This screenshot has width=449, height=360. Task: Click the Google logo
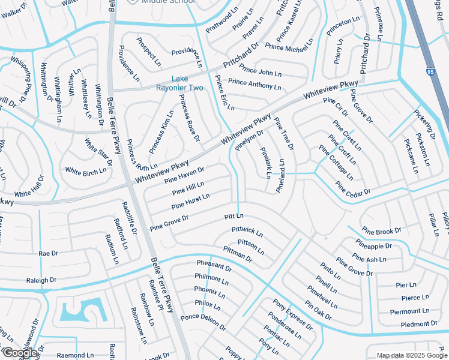[x=19, y=353]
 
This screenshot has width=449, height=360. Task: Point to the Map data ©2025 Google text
[x=412, y=355]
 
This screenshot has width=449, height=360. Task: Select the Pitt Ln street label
[x=234, y=216]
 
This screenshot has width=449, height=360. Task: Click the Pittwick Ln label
[x=247, y=231]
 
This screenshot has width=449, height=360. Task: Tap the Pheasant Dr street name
[x=214, y=266]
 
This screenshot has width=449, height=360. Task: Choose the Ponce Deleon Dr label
[x=203, y=322]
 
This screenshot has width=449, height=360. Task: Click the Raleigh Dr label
[x=41, y=280]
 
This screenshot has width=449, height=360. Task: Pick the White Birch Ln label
[x=85, y=172]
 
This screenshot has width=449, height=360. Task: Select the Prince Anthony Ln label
[x=255, y=85]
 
